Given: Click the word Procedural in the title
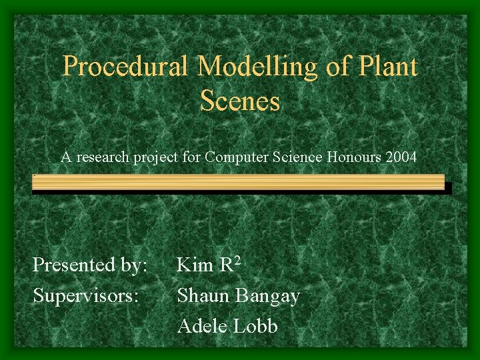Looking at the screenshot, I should coord(127,67).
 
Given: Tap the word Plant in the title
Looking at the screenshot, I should coord(390,67).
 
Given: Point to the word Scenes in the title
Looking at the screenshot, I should coord(239,101).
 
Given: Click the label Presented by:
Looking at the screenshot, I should coord(90,266).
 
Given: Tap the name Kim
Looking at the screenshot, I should coord(194,266).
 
